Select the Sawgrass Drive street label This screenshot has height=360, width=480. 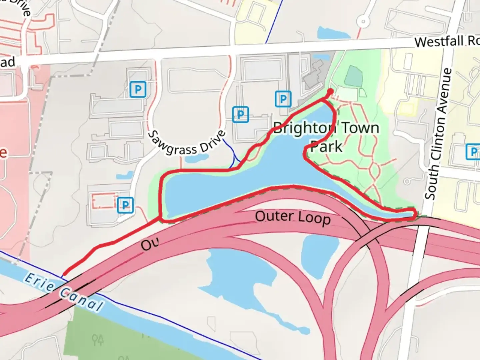click(186, 143)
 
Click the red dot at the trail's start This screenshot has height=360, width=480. click(330, 91)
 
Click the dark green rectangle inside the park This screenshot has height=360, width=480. click(353, 76)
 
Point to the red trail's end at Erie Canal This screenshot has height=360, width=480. click(64, 275)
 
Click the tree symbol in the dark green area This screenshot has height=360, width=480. click(97, 340)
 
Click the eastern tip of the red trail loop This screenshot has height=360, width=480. click(415, 213)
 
